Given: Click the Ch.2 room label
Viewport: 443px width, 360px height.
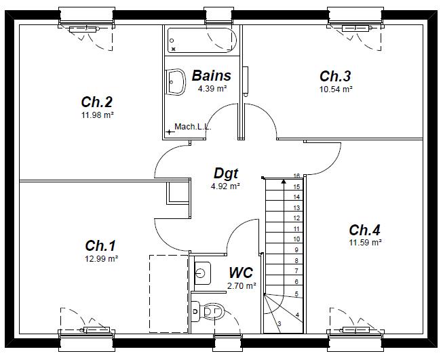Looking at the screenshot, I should [97, 102].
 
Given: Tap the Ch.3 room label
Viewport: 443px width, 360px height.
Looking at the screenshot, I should [336, 76].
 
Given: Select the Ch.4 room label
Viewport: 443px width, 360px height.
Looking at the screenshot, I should [365, 229].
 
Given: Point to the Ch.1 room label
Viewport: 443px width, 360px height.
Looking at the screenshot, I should [101, 245].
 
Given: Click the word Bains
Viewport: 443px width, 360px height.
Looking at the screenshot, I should [211, 76].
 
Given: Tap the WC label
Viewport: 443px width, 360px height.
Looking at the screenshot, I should [241, 273].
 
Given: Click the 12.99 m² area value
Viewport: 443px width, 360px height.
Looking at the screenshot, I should [102, 259].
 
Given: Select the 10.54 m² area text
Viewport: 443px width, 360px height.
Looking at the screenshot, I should [336, 89].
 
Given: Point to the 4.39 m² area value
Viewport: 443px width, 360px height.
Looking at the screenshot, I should [211, 89].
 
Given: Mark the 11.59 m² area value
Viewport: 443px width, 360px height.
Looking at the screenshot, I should [365, 242].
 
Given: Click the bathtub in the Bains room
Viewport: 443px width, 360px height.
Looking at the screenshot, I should [202, 40].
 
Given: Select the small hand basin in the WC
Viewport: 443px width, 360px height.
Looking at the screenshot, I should [199, 273].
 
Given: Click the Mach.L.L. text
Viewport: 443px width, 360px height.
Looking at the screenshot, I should [193, 127].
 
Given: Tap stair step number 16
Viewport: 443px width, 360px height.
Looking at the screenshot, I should [296, 176].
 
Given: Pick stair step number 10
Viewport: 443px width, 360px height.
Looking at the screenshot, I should [296, 239].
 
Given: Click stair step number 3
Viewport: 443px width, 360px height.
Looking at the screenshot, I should [280, 324].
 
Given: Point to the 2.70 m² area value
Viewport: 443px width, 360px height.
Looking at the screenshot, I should [242, 286].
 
